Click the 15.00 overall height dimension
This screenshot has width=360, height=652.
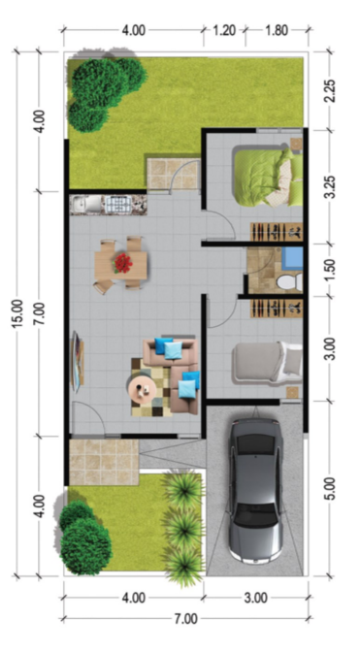coord(17,313)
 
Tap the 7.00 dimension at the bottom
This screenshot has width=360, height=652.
coord(185,619)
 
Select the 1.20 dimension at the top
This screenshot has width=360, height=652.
coord(224,30)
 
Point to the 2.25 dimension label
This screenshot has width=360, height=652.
coord(330,90)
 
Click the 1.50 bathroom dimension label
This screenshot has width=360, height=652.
coord(330,270)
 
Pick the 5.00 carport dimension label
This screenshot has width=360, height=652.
coord(330,489)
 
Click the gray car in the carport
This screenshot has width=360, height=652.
coord(256,491)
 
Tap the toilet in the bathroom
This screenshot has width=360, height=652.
coord(290,282)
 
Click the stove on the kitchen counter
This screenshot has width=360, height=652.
coord(117,205)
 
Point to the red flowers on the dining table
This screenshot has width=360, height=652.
coord(122,263)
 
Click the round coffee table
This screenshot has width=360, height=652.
coord(143,389)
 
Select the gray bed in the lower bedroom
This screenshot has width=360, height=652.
coord(267,362)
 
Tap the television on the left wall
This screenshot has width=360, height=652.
coord(77,361)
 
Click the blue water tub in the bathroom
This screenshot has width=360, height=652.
coord(293,259)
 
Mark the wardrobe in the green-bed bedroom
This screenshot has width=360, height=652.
coord(277,232)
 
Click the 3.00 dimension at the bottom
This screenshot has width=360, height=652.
coord(255,598)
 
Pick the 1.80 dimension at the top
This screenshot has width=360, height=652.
coord(276,30)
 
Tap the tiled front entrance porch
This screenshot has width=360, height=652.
coord(104,462)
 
